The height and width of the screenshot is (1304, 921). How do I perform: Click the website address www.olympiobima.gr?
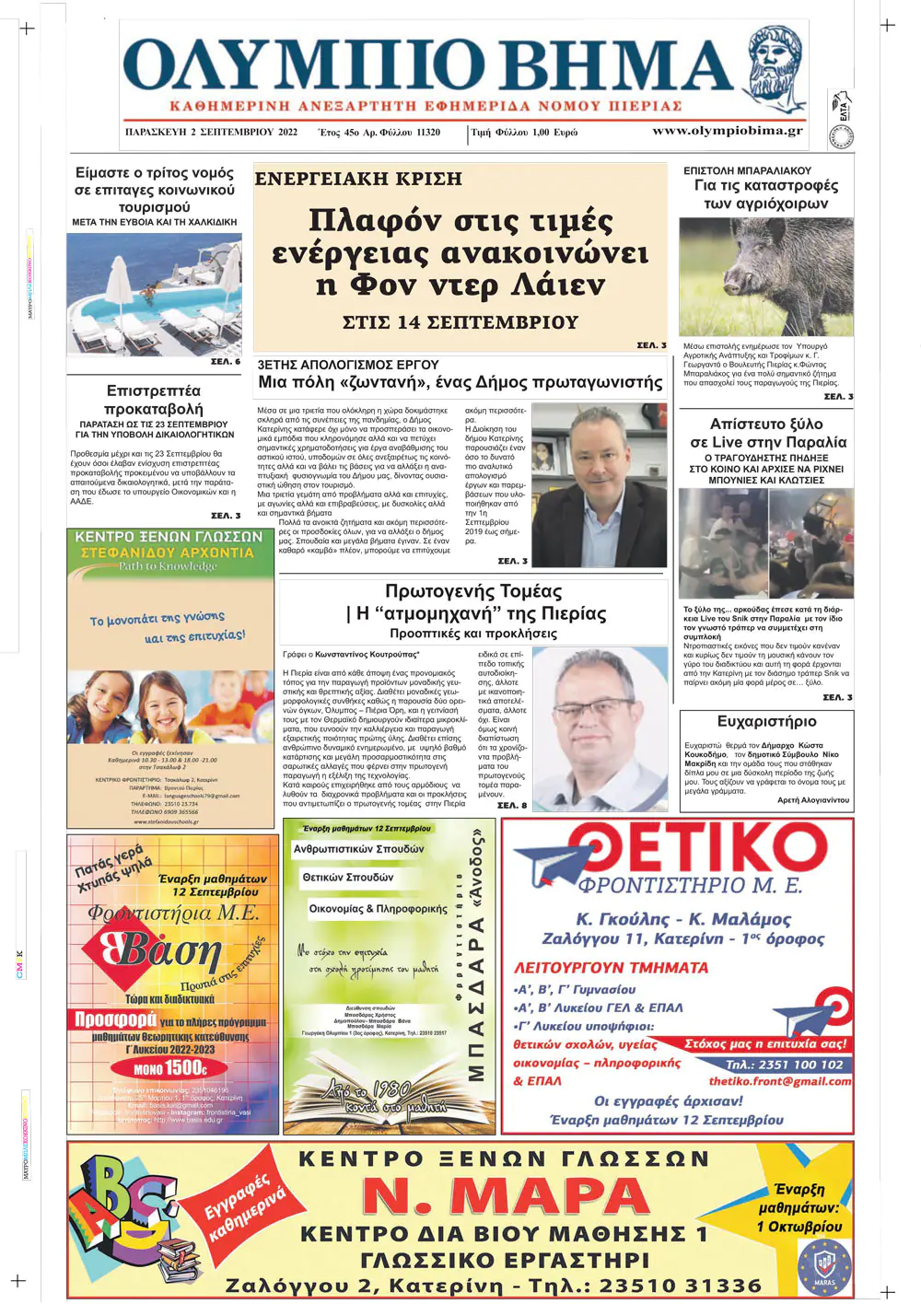(x=727, y=131)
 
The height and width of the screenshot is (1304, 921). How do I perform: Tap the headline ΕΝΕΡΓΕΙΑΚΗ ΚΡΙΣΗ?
(x=358, y=179)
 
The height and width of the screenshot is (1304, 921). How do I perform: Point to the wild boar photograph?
(x=765, y=276)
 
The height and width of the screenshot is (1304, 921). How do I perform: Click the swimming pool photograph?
(x=155, y=294)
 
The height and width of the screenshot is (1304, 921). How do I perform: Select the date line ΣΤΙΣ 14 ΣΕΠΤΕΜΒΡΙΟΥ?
(x=460, y=322)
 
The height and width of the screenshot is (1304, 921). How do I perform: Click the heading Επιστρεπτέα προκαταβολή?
(x=154, y=400)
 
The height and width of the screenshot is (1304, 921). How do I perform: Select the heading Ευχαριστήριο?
(x=766, y=721)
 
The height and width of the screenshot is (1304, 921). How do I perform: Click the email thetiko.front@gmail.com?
(x=779, y=1081)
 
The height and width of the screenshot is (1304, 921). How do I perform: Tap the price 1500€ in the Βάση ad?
(x=169, y=1068)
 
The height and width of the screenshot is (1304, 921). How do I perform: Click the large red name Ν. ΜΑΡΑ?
(x=506, y=1196)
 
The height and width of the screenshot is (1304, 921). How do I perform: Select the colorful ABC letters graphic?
(x=124, y=1206)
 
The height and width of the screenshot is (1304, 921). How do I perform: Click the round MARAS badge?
(x=824, y=1266)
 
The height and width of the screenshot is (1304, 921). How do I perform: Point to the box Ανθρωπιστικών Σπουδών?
(x=359, y=849)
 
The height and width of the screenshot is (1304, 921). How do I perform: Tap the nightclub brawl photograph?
(x=765, y=543)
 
